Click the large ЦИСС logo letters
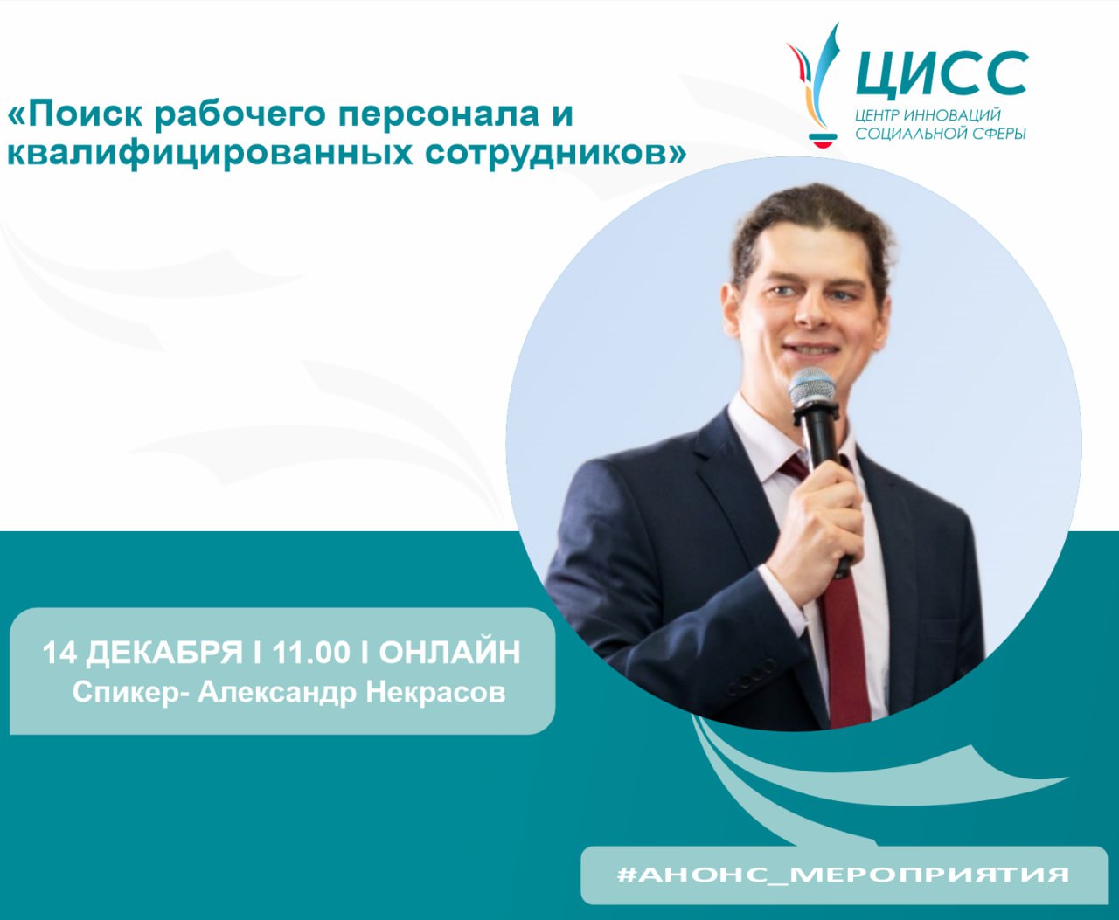(x=941, y=73)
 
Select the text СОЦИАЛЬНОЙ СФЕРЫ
(x=941, y=134)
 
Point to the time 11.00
(x=311, y=653)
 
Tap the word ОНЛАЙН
(x=449, y=653)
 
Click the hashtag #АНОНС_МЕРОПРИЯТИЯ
(x=843, y=875)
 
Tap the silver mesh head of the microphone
(x=812, y=387)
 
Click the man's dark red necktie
(x=844, y=647)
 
